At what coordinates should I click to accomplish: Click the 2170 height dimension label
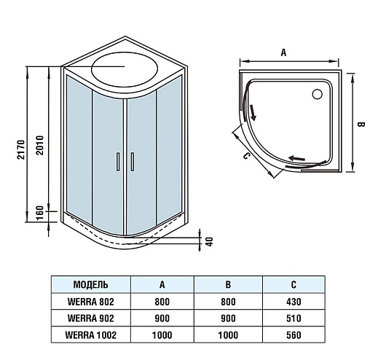point(21,149)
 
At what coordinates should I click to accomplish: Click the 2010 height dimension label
point(39,145)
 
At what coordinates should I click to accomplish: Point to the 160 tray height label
point(39,213)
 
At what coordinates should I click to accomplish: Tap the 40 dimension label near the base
point(209,242)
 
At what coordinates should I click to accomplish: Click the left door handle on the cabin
point(118,161)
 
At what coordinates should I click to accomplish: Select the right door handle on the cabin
point(133,161)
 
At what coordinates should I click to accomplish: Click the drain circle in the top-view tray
point(318,94)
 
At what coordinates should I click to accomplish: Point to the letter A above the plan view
point(283,52)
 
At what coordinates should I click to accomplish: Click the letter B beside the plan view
point(361,125)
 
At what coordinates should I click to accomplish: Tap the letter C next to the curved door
point(246,156)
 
